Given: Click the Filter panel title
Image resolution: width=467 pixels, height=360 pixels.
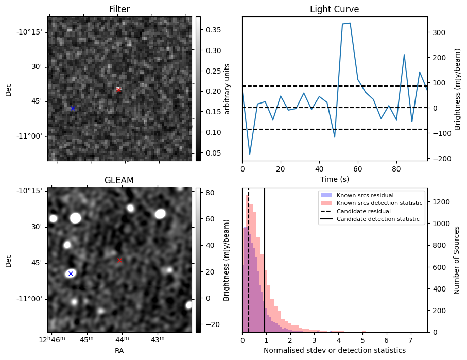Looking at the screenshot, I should pos(119,9).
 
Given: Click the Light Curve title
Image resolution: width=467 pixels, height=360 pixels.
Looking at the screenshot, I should pos(334,9).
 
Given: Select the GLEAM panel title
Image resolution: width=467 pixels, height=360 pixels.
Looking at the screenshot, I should pos(119,180).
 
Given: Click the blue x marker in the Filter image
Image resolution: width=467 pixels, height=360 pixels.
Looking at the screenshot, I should pos(73,108).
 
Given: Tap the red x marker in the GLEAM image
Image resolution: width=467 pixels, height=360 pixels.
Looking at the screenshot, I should pos(120,260).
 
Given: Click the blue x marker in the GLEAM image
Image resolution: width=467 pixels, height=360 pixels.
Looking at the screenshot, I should pos(71,273).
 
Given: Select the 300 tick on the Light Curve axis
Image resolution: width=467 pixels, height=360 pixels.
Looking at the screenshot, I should pos(437,32).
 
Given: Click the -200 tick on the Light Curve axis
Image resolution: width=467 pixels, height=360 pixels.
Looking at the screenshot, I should pos(437,158).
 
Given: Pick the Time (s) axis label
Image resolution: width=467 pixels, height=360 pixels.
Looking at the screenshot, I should pos(334,178).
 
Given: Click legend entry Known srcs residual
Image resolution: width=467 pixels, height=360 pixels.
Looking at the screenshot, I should pos(365,196).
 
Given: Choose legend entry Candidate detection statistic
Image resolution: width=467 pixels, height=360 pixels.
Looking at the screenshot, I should pos(377,219).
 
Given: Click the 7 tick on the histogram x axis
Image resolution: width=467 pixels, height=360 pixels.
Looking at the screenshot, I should pos(410,340).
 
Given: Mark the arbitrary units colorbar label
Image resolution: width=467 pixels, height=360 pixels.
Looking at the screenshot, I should pos(227,89).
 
